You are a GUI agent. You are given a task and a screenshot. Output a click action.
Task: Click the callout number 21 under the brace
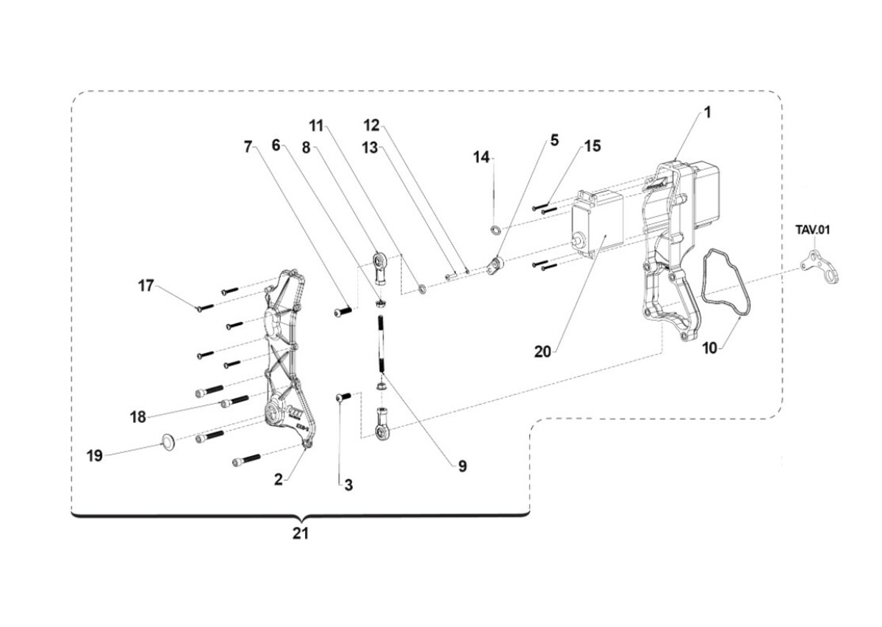tap(301, 534)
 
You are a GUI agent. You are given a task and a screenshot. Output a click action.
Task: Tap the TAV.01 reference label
tap(813, 230)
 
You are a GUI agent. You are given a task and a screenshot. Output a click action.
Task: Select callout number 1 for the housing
tap(708, 113)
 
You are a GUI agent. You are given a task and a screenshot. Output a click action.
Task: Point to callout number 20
tap(542, 352)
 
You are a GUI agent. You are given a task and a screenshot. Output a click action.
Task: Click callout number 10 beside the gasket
tap(710, 348)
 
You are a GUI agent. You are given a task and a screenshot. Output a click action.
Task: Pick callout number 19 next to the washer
tap(95, 456)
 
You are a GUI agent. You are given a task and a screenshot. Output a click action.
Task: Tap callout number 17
tap(146, 286)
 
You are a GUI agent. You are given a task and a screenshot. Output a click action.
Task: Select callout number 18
tap(138, 417)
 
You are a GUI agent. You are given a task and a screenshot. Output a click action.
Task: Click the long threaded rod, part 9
tap(382, 344)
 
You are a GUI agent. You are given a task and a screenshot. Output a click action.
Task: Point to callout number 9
tap(462, 466)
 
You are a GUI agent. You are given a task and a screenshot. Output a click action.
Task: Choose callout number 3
tap(348, 485)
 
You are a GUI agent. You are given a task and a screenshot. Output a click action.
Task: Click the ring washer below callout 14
tap(495, 229)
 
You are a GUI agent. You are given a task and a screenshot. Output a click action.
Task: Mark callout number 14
tap(481, 157)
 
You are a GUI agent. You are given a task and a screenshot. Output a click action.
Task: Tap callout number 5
tap(554, 140)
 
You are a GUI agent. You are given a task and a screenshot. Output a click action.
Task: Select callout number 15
tap(592, 146)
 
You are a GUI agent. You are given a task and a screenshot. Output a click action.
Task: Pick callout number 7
tap(248, 147)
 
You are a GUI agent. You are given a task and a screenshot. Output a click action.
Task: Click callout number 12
tap(371, 126)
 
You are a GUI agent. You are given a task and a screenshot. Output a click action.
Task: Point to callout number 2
tap(279, 480)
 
